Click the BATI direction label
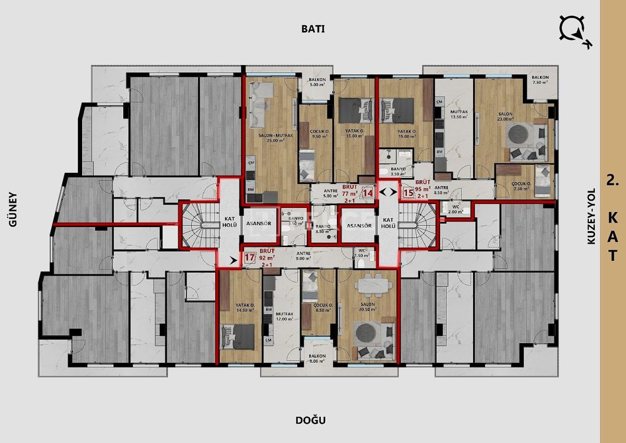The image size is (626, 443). click(x=313, y=29)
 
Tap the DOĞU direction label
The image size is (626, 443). click(x=311, y=420)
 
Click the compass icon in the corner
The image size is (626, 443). click(x=575, y=31)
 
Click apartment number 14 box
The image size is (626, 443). click(x=367, y=193)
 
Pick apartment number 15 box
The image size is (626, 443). click(x=408, y=193)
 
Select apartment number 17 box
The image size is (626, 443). click(x=250, y=258)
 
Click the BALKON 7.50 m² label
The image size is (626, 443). click(x=540, y=80)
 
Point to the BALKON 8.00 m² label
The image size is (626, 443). click(x=317, y=358)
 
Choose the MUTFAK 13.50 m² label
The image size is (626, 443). click(x=459, y=115)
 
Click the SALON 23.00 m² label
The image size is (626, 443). click(x=505, y=117)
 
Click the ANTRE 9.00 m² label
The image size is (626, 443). click(x=304, y=256)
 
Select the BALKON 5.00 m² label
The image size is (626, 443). click(x=317, y=82)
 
